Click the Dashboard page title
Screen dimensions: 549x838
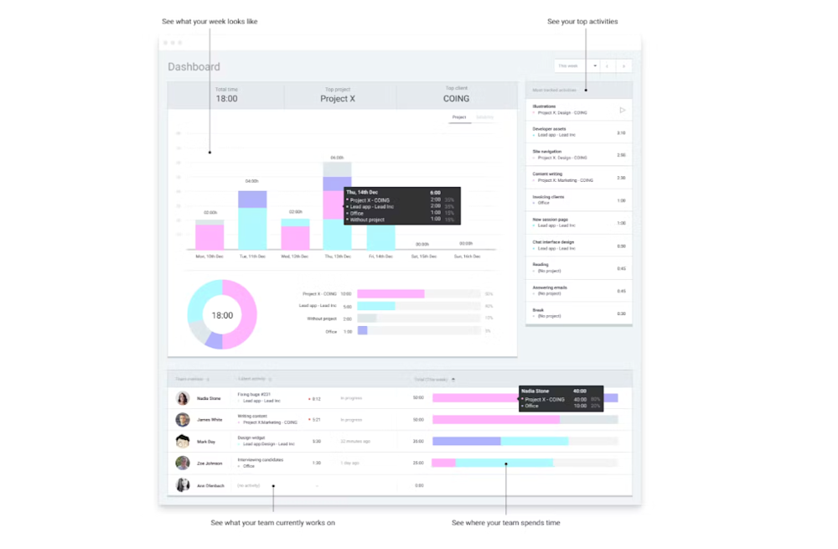pyautogui.click(x=194, y=67)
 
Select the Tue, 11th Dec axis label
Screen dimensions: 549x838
pyautogui.click(x=251, y=256)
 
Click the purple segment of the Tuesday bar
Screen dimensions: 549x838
pyautogui.click(x=252, y=199)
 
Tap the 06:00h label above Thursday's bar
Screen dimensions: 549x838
pyautogui.click(x=337, y=158)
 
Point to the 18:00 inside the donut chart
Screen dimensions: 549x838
pyautogui.click(x=222, y=316)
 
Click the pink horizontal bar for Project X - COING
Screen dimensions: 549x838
pyautogui.click(x=391, y=294)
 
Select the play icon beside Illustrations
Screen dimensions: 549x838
pyautogui.click(x=622, y=110)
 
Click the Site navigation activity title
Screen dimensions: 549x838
pyautogui.click(x=546, y=152)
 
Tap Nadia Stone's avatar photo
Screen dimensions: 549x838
pyautogui.click(x=183, y=398)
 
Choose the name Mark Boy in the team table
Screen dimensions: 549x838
pyautogui.click(x=206, y=441)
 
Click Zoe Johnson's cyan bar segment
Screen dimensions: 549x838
pyautogui.click(x=504, y=463)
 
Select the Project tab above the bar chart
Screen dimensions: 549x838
pyautogui.click(x=459, y=117)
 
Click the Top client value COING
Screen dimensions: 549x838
pyautogui.click(x=456, y=99)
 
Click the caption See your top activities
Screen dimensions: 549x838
pyautogui.click(x=582, y=22)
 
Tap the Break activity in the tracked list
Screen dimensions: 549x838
pyautogui.click(x=538, y=309)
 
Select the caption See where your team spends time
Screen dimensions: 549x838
pyautogui.click(x=505, y=523)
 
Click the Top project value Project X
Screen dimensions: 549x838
pyautogui.click(x=338, y=99)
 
